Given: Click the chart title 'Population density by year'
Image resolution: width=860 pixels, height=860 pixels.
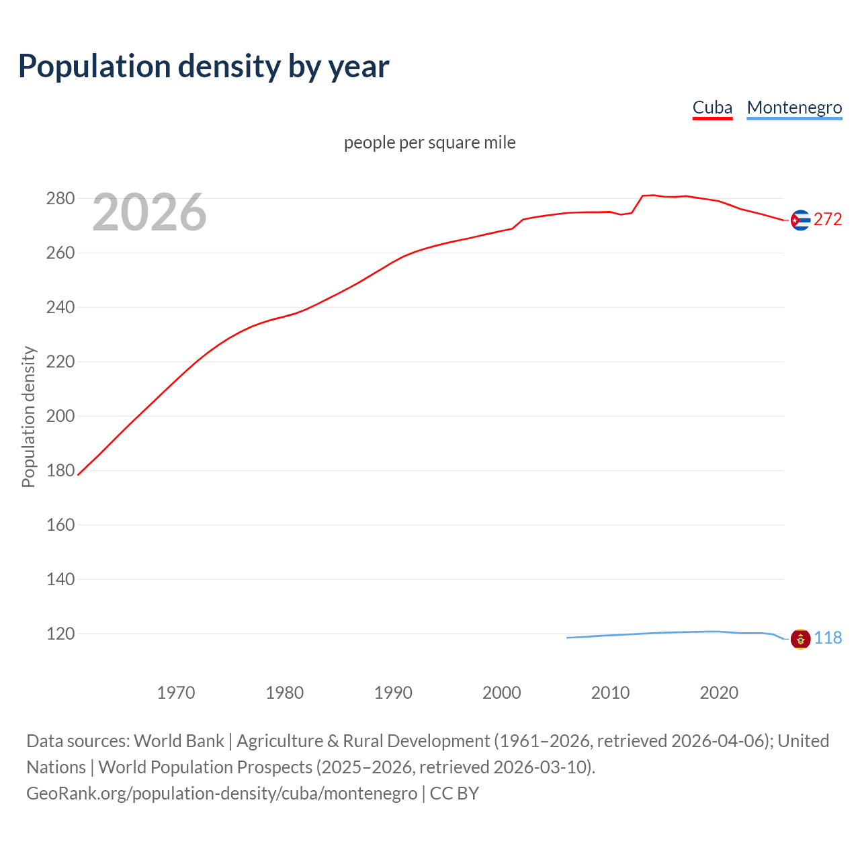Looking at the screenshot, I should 204,67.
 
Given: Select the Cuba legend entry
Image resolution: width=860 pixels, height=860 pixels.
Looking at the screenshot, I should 712,107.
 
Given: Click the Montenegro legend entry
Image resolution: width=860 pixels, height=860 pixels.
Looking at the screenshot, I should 794,107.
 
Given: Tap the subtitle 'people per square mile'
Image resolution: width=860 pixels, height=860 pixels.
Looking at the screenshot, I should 430,142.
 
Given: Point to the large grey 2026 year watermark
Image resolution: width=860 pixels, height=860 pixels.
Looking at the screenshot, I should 149,212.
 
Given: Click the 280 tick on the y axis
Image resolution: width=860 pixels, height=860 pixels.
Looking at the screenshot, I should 60,198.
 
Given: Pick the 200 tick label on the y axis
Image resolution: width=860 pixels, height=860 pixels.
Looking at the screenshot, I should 60,416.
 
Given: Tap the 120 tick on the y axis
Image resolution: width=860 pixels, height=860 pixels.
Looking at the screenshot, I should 60,634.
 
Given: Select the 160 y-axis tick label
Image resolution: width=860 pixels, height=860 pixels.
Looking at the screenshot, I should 60,525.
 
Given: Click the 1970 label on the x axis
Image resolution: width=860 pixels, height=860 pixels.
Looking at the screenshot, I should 176,693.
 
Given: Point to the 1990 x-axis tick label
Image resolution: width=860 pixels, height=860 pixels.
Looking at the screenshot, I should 393,693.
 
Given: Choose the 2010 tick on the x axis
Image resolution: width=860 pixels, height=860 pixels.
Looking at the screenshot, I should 610,693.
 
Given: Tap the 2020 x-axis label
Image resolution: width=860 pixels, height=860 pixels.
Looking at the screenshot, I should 719,693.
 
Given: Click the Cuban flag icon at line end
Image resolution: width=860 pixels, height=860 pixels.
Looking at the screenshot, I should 800,220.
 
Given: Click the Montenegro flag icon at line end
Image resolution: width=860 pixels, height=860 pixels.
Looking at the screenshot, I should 800,638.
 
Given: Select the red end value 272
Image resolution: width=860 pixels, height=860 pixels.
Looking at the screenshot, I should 828,220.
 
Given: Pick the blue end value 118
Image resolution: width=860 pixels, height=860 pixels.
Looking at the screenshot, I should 828,638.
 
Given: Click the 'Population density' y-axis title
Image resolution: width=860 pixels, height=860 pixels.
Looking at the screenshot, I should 28,417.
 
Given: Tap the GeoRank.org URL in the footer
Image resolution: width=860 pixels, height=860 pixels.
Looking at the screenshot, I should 222,793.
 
